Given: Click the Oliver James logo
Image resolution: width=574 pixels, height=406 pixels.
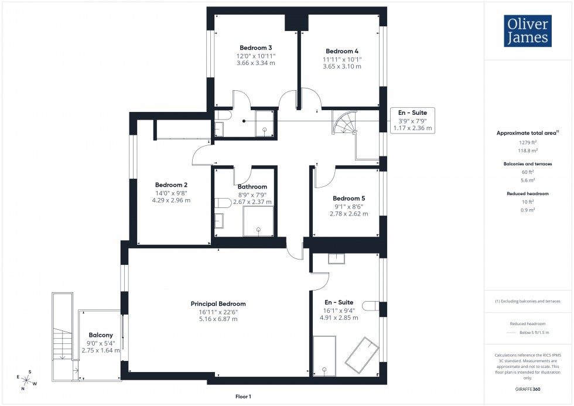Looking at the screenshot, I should pos(527,30).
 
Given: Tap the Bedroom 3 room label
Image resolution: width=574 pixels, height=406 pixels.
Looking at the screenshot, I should pos(255,47).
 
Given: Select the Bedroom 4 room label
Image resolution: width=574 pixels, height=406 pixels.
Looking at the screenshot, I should pos(342,51).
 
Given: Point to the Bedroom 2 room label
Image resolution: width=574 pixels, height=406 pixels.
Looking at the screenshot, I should pos(171,184).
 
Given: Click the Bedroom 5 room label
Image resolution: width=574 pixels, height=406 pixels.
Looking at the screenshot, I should pos(348,198).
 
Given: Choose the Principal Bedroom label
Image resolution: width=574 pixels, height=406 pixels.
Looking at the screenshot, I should pos(218,304).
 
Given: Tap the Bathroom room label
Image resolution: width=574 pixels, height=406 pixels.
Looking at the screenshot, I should pos(252,187).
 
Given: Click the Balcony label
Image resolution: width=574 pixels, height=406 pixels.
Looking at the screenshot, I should pos(101,335).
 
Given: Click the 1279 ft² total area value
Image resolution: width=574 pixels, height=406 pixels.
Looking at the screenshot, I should pos(528,142).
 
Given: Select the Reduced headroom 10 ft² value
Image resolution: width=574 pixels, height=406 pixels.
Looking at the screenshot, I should pos(528,202).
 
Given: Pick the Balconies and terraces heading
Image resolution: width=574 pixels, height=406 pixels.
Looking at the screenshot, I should pos(528,164).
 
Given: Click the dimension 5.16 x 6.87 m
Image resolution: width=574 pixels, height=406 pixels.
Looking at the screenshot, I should pos(218,319).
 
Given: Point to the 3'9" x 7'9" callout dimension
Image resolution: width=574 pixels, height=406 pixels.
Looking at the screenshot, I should pos(413,120).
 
